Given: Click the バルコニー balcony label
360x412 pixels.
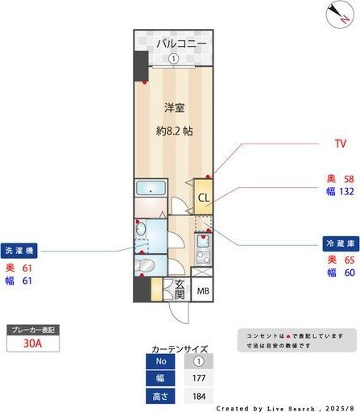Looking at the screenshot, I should tap(182, 43).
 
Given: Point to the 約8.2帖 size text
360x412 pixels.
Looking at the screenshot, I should tap(174, 130).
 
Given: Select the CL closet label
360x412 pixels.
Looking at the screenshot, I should tap(204, 198).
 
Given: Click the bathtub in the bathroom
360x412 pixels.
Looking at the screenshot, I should tap(151, 190).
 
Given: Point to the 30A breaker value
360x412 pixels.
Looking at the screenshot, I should tap(32, 343).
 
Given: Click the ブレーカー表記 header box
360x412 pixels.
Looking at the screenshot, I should tap(32, 330).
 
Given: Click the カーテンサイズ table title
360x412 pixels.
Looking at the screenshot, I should tap(180, 348).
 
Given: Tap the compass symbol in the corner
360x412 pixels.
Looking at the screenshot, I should tap(337, 15).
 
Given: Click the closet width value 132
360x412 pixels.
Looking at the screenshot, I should tap(346, 192).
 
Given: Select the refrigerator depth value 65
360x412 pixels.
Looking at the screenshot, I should tap(350, 259).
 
